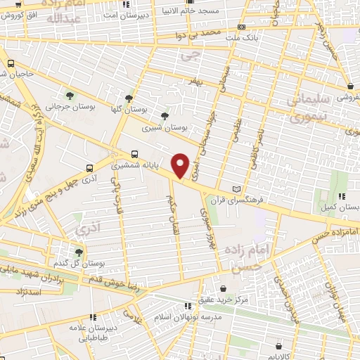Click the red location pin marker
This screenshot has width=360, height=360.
click(181, 165)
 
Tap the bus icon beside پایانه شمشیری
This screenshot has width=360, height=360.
click(134, 155)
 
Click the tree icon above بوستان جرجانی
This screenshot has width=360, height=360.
click(70, 95)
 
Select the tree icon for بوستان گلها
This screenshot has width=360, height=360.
click(129, 99)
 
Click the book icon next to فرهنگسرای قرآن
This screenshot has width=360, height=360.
click(236, 189)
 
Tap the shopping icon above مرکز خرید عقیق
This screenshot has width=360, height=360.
click(223, 288)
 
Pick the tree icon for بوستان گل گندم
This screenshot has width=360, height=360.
click(78, 251)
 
